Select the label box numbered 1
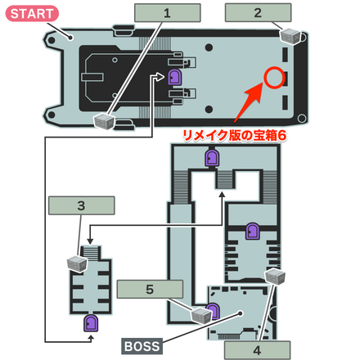pos(167,13)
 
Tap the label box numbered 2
pos(257,13)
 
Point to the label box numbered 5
pos(148,288)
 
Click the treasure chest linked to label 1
pos(102,121)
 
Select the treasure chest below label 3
pos(77,263)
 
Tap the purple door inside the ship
pos(173,78)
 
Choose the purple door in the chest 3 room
pos(88,322)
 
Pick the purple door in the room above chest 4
pos(252,232)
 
